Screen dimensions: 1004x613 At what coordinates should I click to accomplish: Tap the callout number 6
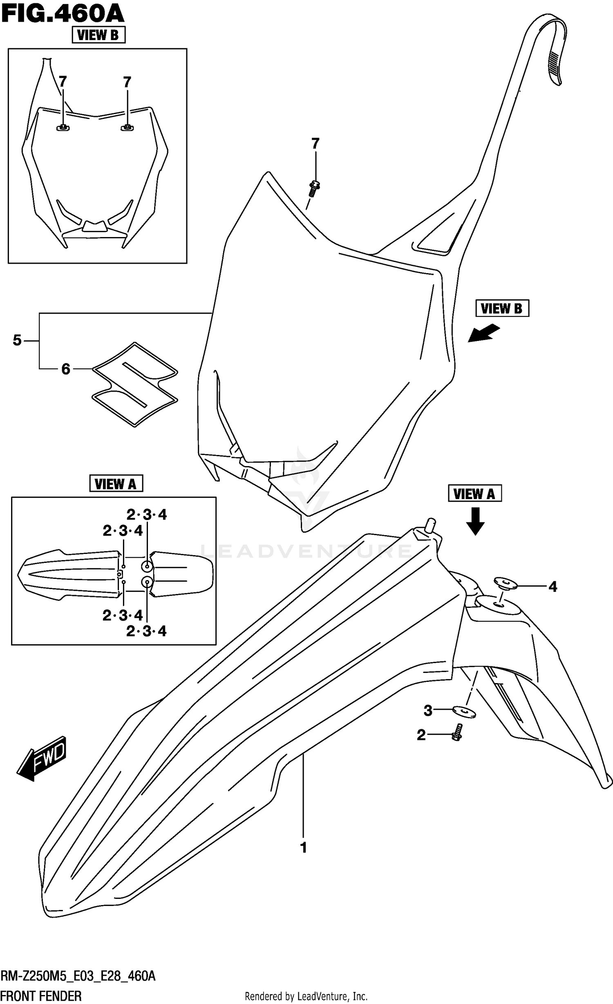(x=66, y=369)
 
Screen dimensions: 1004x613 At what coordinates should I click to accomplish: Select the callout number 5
(x=17, y=340)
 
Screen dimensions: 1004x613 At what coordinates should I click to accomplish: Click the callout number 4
(x=553, y=587)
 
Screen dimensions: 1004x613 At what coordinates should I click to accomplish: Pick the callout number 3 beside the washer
(x=428, y=711)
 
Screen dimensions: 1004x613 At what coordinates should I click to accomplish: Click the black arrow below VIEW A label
(x=475, y=520)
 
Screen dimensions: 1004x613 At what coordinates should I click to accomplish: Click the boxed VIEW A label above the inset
(x=116, y=484)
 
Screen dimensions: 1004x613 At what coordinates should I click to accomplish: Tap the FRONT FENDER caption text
(x=41, y=996)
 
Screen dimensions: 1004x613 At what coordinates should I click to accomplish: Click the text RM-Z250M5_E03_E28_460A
(x=78, y=977)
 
